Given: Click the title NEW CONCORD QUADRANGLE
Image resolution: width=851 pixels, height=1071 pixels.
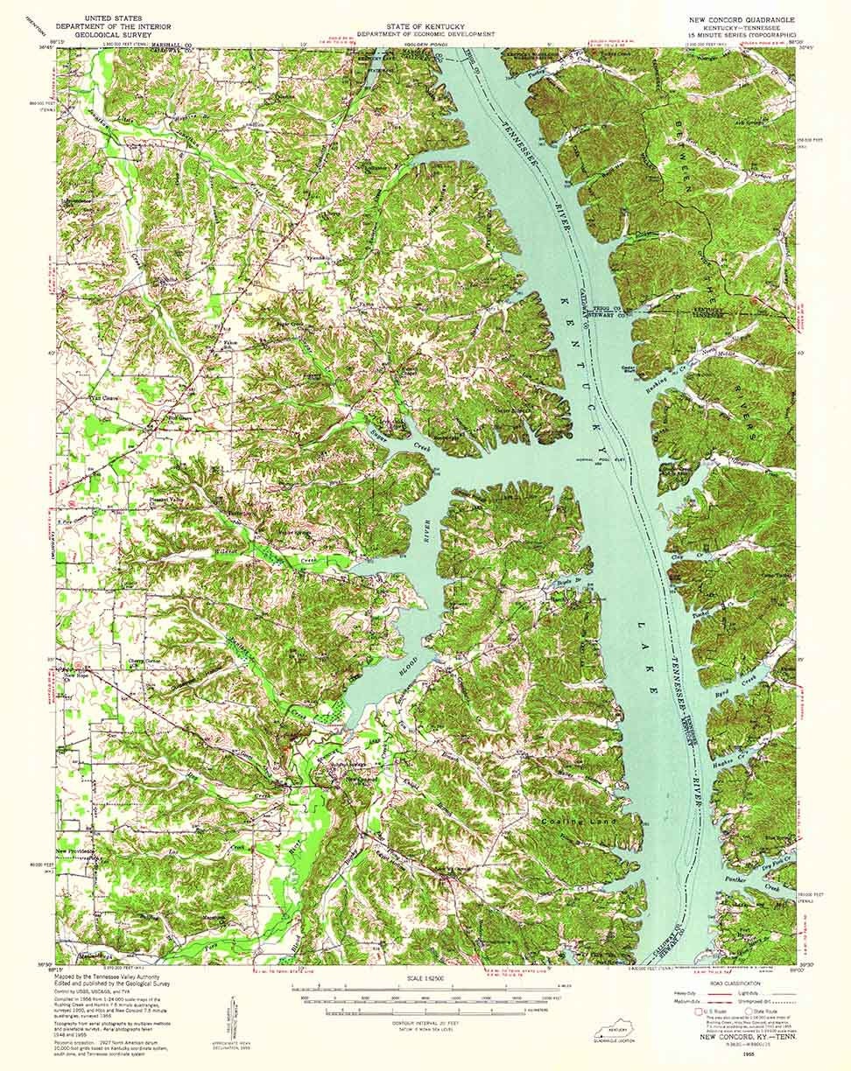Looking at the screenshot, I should pyautogui.click(x=742, y=18).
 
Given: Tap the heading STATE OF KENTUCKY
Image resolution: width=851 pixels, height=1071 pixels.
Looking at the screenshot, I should pyautogui.click(x=425, y=17).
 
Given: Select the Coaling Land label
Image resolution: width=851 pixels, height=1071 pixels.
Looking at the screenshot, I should pyautogui.click(x=579, y=822).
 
